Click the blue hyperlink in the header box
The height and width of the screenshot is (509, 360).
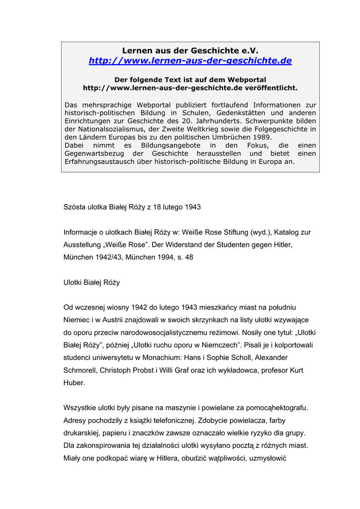pos(190,61)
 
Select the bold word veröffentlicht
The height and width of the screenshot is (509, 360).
pos(271,88)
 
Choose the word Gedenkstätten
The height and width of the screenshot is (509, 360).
pos(233,113)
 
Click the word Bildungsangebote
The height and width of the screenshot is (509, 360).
pos(168,145)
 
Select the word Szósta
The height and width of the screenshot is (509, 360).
pos(75,207)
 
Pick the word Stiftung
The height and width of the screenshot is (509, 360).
pos(224,232)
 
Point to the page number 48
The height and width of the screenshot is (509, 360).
pos(189,257)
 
